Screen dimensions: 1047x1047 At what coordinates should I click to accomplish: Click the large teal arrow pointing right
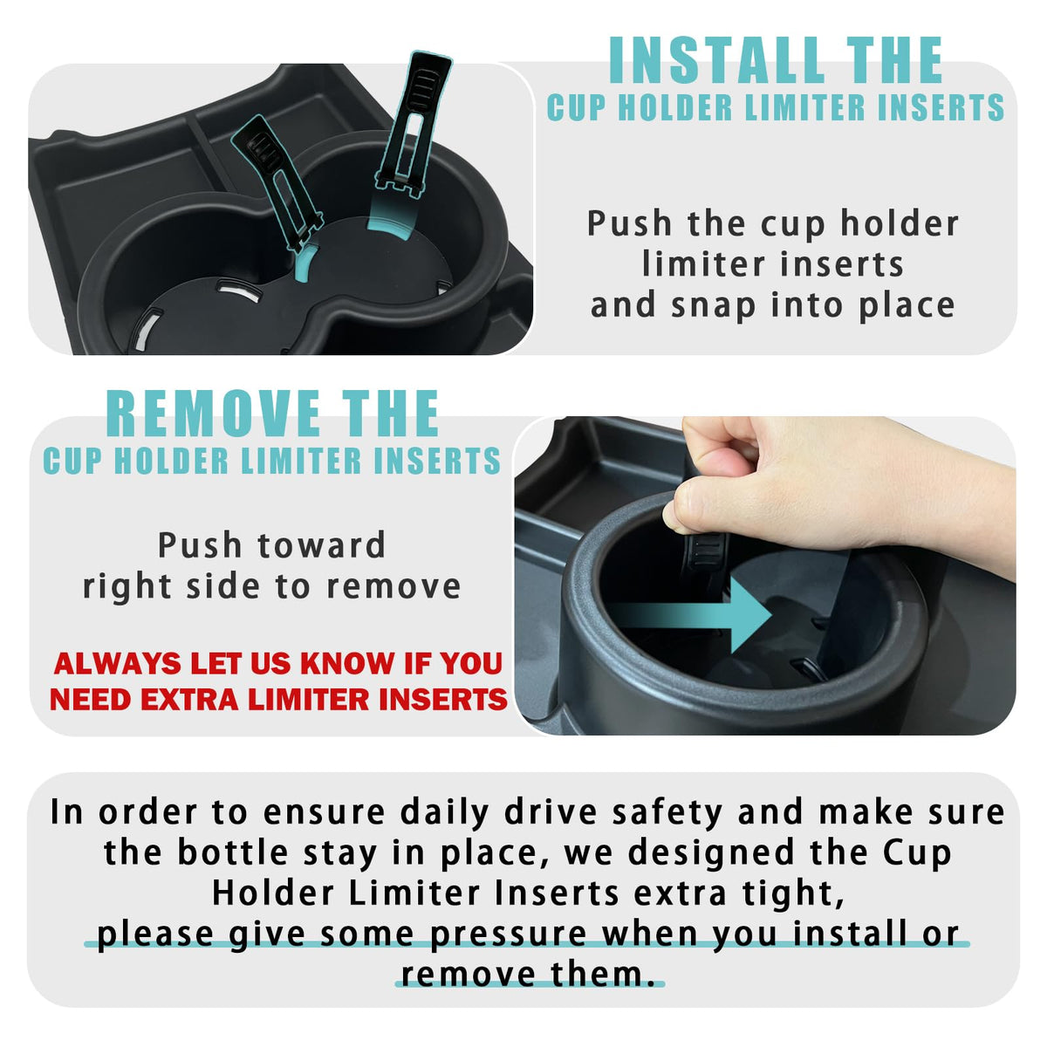(688, 614)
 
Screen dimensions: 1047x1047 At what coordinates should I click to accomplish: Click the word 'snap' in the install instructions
(713, 307)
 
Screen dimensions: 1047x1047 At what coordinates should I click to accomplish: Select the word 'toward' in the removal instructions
(321, 545)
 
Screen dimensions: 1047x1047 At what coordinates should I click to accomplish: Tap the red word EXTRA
(189, 699)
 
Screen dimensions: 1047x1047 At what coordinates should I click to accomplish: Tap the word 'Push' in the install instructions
(629, 223)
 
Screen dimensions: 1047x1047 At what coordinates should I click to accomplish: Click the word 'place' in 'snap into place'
(907, 307)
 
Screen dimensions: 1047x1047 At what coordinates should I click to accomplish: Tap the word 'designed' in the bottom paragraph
(711, 853)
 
